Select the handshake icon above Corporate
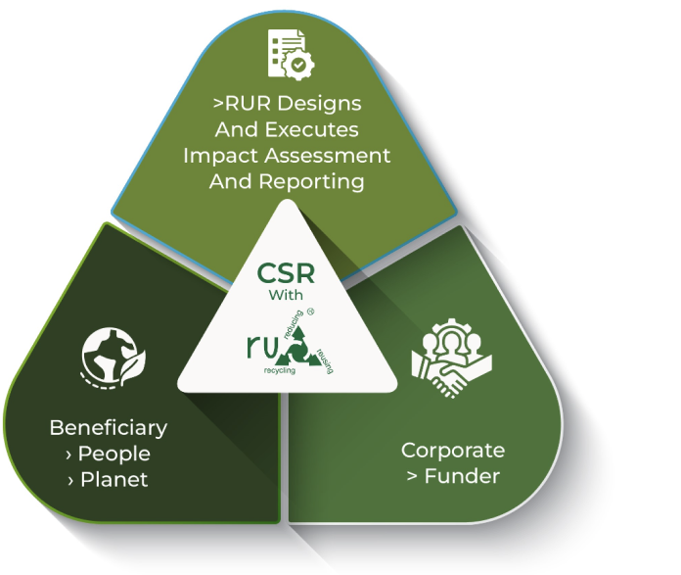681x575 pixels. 453,360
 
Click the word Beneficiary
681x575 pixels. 108,428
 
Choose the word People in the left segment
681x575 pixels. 114,454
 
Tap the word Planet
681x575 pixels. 114,479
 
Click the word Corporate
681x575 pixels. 453,451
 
